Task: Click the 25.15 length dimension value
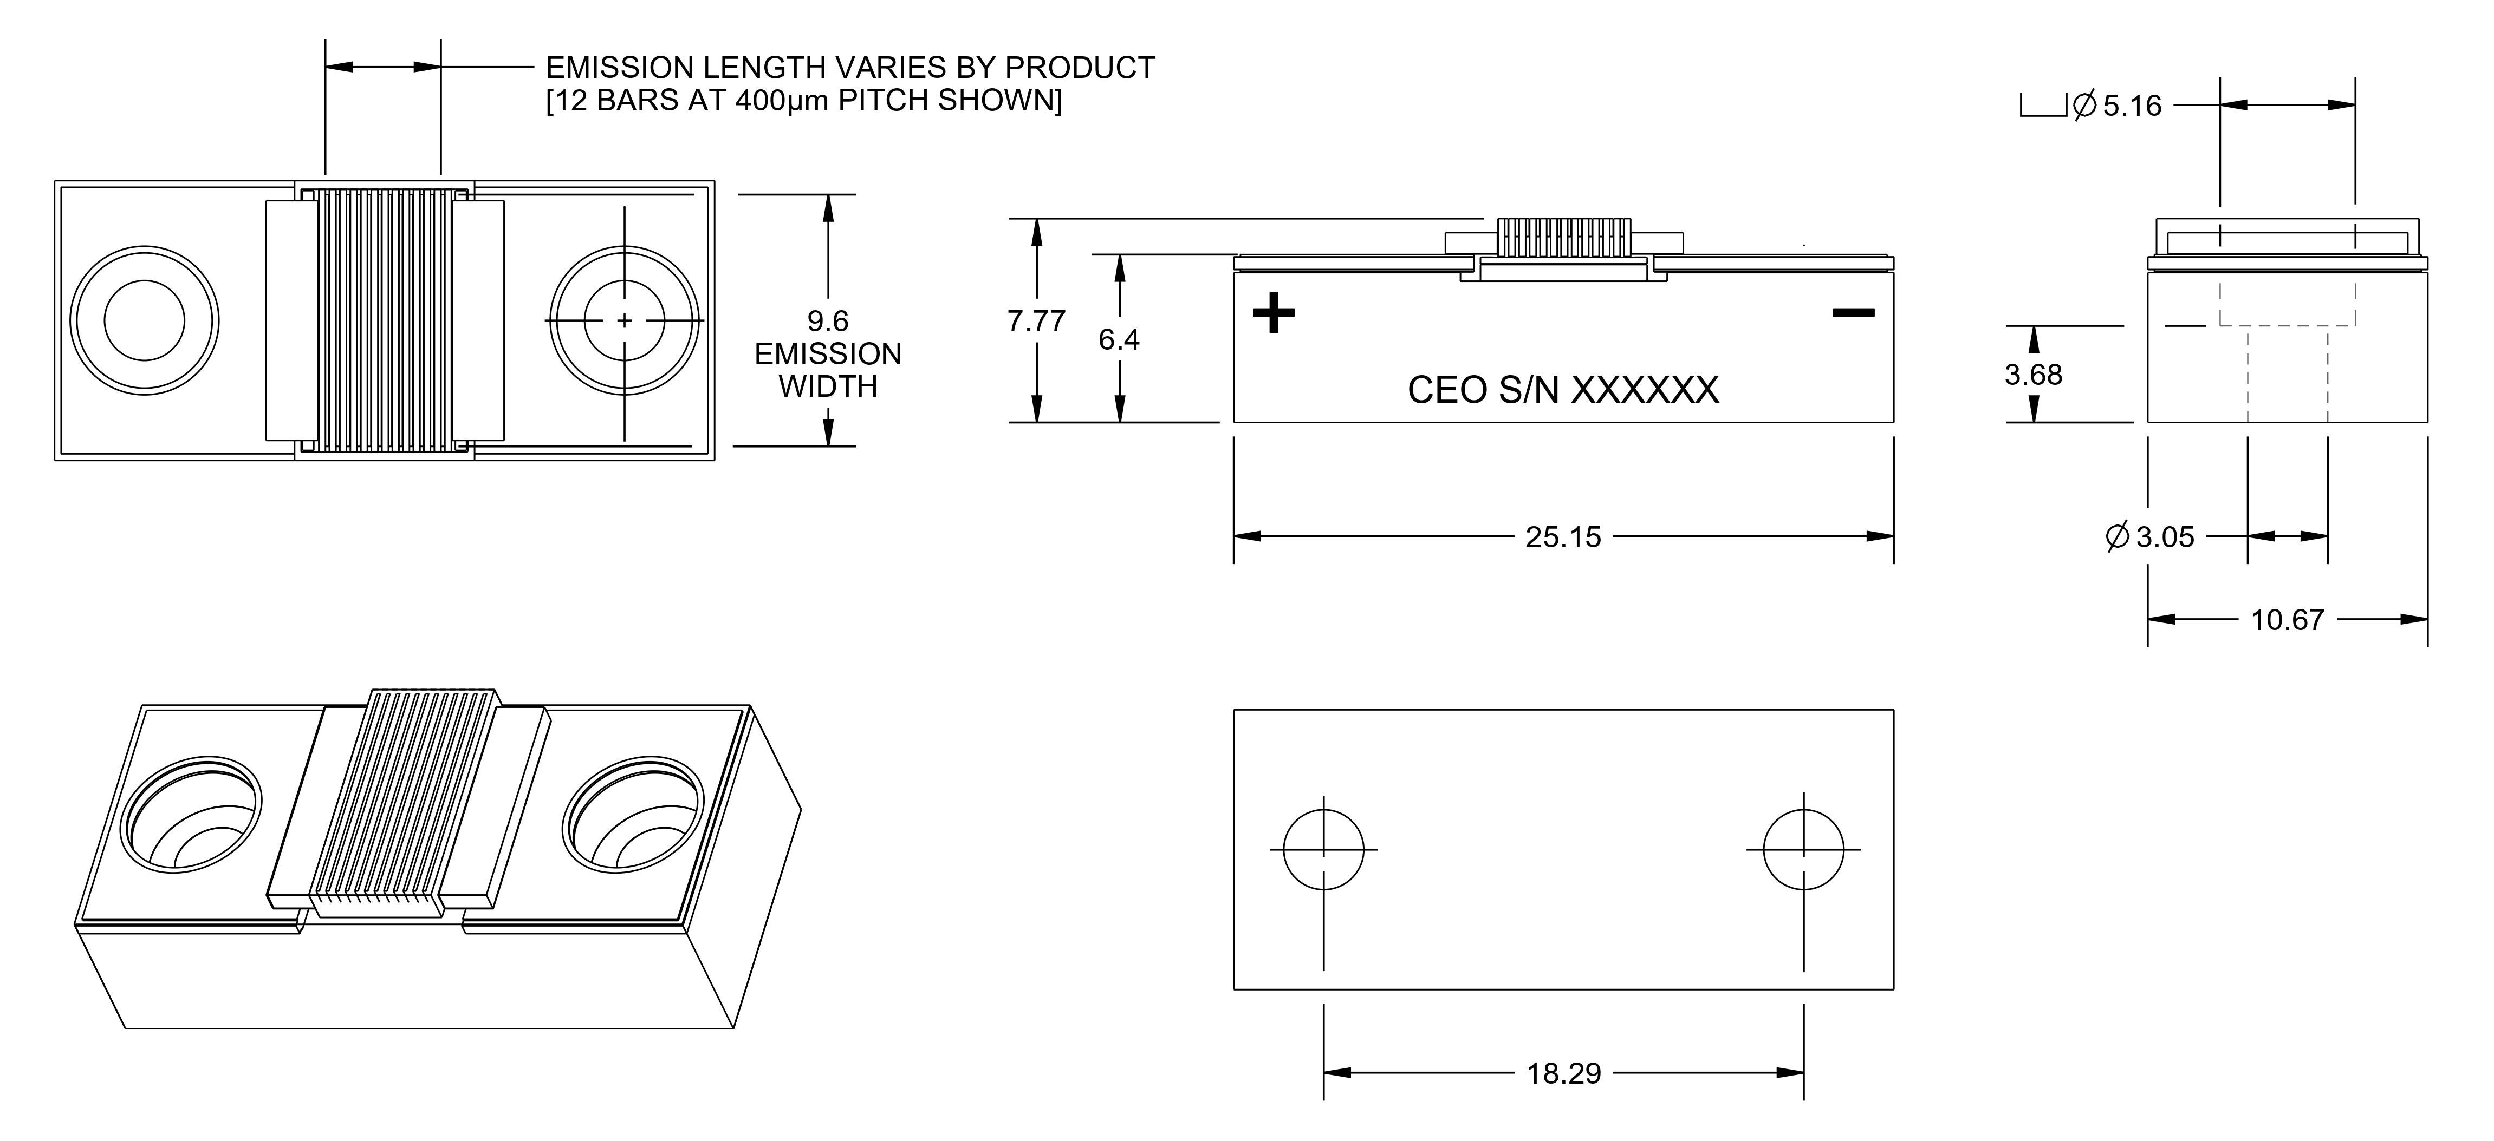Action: click(1563, 537)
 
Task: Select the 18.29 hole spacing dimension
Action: click(1563, 1073)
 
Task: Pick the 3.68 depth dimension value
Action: click(2033, 375)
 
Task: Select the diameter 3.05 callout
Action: click(2151, 537)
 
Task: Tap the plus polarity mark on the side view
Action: click(1273, 313)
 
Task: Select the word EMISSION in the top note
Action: click(620, 68)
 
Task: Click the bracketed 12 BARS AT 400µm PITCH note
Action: click(803, 101)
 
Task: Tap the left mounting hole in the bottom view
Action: click(1323, 850)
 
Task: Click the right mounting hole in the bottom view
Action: click(1804, 850)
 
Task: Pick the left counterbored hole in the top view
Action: click(144, 320)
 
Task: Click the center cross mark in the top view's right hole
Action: click(625, 320)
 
